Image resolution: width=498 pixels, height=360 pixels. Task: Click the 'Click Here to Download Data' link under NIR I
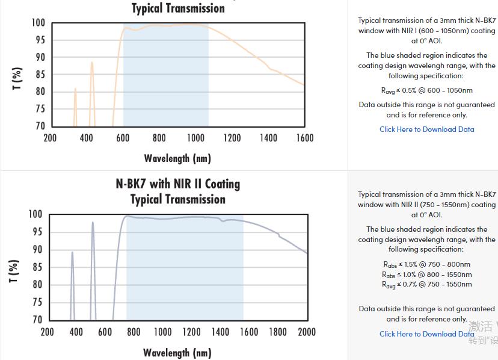(x=426, y=129)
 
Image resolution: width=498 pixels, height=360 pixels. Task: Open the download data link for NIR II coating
(x=426, y=334)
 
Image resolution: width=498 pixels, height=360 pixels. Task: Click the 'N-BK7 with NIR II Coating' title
(x=177, y=184)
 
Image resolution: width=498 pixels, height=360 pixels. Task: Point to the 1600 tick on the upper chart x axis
(x=305, y=138)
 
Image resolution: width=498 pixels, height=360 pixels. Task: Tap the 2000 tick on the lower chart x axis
(x=307, y=332)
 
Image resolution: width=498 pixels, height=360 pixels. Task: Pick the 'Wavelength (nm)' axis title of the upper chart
(x=177, y=158)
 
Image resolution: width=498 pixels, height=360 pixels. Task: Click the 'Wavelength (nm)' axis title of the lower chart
(x=177, y=352)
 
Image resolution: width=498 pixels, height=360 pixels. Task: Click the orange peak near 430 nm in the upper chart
(x=92, y=64)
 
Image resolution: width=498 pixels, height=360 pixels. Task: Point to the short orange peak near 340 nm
(x=75, y=90)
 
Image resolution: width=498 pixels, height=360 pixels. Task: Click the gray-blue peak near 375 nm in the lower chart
(x=72, y=253)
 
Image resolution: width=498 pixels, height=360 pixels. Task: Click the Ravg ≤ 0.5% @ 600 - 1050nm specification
(x=426, y=91)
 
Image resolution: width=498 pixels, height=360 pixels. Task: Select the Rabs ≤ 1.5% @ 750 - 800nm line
(x=426, y=264)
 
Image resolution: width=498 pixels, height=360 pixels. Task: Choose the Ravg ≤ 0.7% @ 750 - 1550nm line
(x=426, y=284)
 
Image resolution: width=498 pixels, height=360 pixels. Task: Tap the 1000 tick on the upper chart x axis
(x=195, y=138)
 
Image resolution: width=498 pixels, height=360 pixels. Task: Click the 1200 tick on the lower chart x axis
(x=191, y=332)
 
